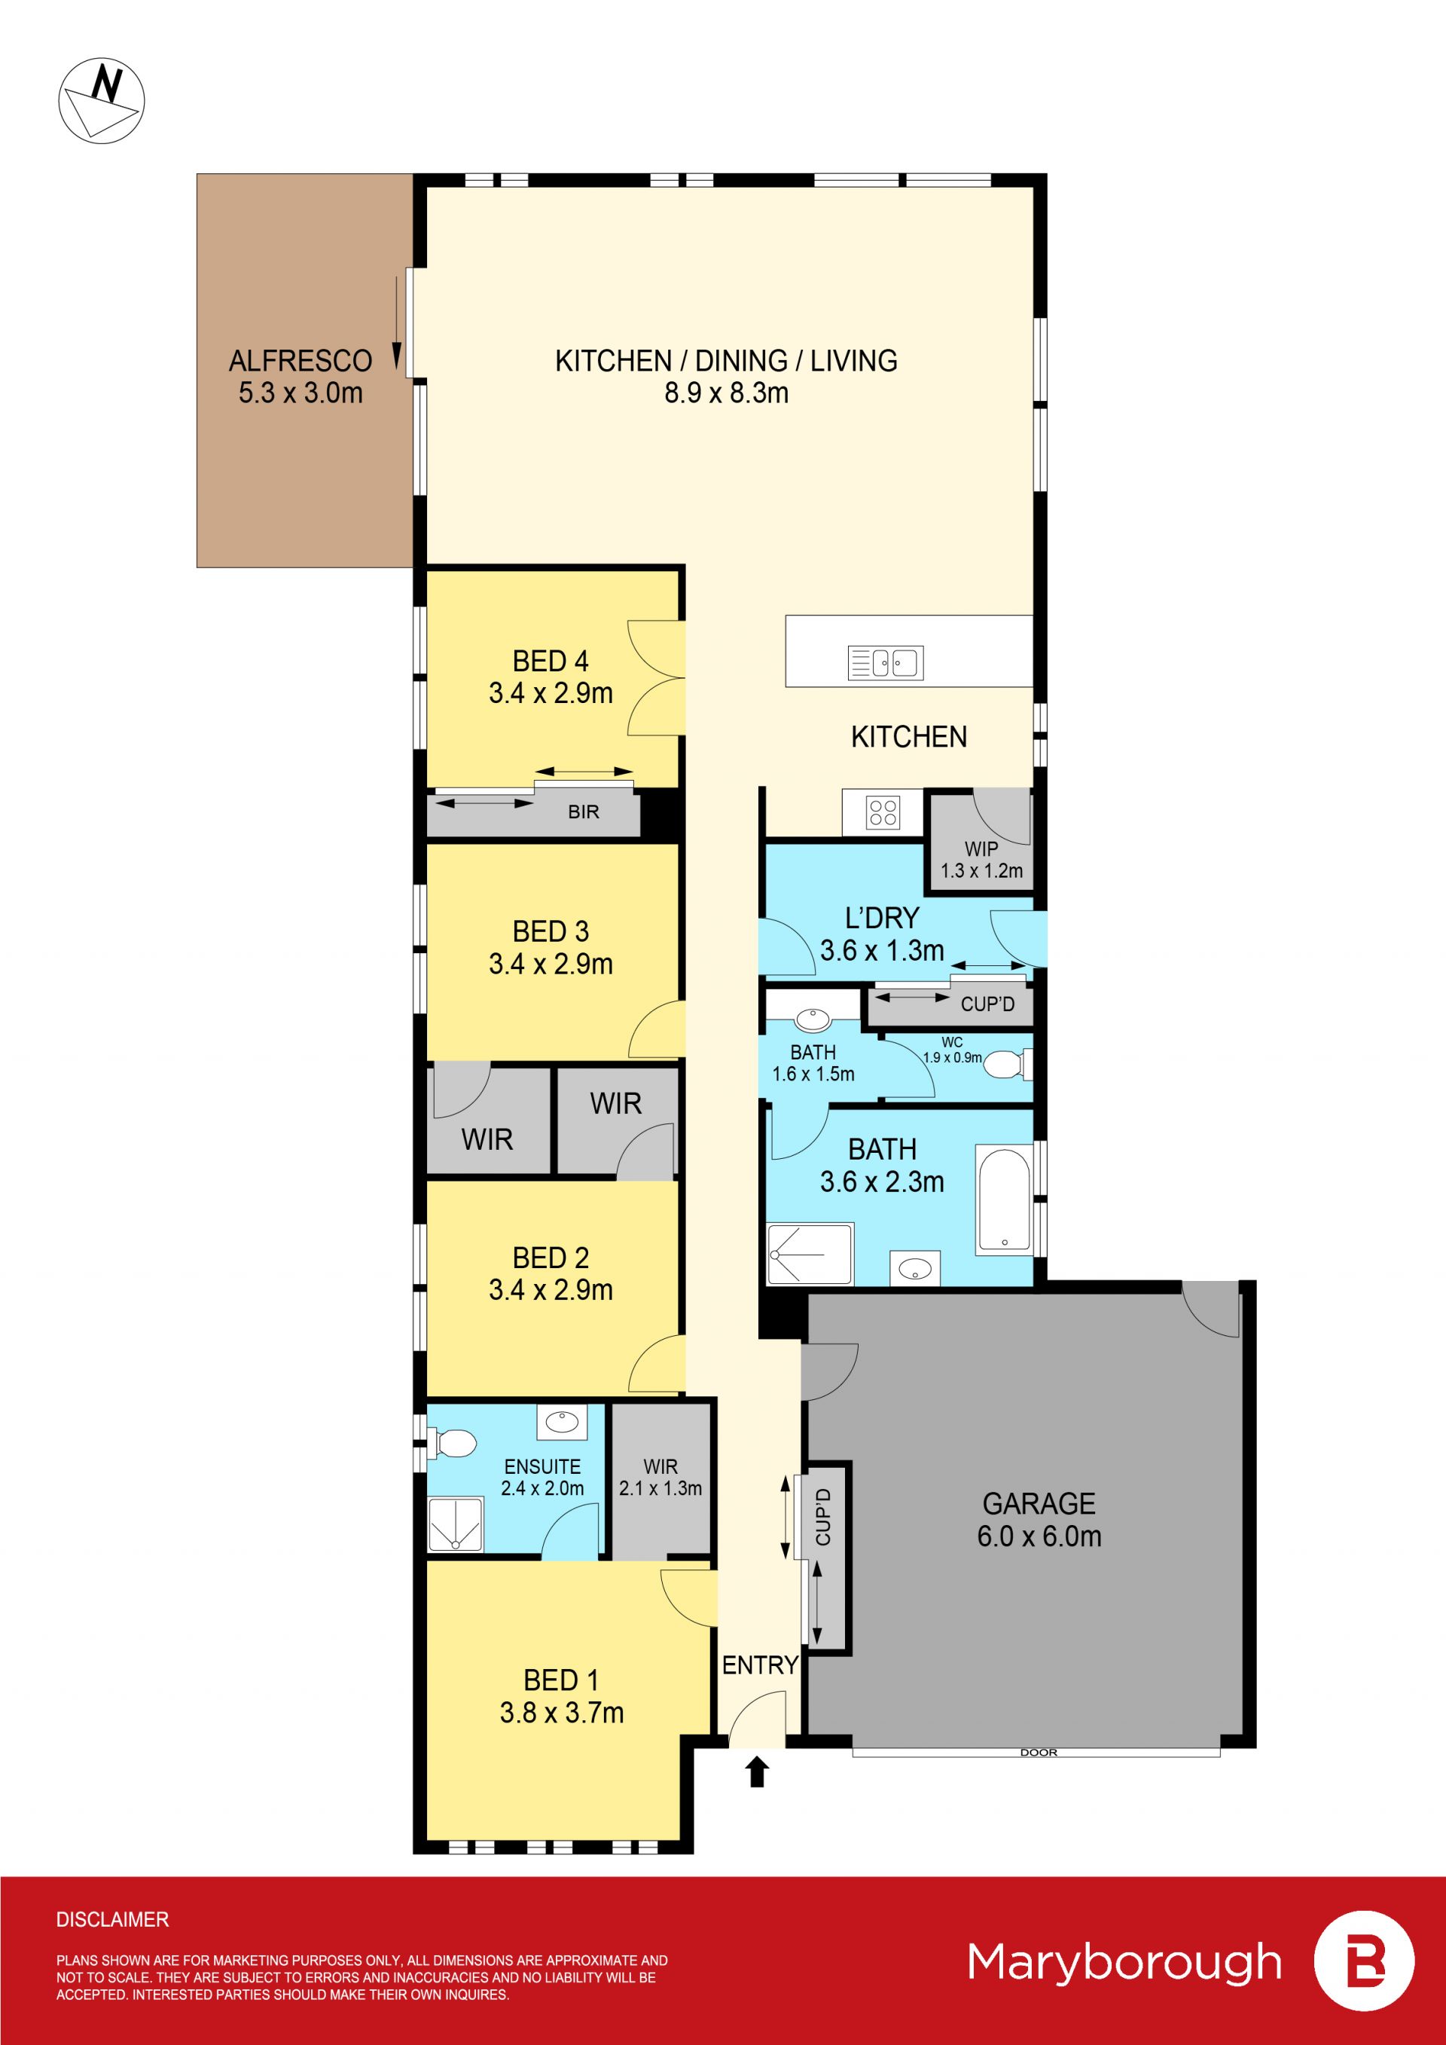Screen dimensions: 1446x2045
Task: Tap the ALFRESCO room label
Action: click(x=300, y=361)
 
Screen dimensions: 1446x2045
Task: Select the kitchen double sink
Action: click(x=885, y=662)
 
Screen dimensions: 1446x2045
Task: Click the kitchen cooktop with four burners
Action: click(x=883, y=812)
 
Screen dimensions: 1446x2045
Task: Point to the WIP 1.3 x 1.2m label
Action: click(x=981, y=860)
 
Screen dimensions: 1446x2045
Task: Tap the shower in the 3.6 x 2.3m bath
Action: click(x=810, y=1254)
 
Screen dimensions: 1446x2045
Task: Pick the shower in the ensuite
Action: click(x=456, y=1525)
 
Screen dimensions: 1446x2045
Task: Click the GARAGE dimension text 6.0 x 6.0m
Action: click(x=1039, y=1536)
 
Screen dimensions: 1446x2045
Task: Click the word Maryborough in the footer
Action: click(x=1124, y=1963)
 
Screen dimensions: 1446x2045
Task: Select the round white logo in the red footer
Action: click(x=1364, y=1961)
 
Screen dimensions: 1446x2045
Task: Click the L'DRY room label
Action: click(x=881, y=919)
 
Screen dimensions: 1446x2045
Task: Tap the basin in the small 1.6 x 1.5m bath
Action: click(x=811, y=1018)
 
